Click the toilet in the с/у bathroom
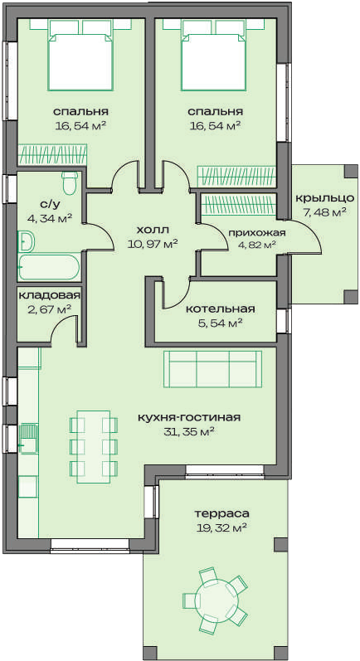(69, 182)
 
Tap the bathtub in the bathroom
(49, 267)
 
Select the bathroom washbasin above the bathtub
(27, 241)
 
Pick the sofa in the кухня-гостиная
(212, 369)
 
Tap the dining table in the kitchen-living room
(93, 446)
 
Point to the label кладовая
(49, 295)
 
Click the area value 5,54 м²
(220, 323)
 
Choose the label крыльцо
(321, 198)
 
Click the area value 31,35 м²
(188, 431)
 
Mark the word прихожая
(257, 233)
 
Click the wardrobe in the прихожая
(239, 202)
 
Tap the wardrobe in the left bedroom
(52, 154)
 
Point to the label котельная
(221, 309)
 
